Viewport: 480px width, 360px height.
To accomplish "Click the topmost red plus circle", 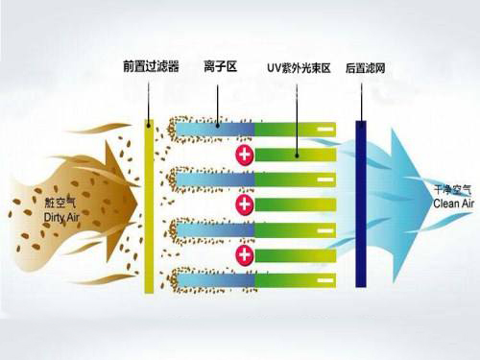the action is click(245, 154).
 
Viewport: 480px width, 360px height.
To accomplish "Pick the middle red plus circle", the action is click(245, 204).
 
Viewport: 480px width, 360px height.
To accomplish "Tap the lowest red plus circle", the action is click(245, 254).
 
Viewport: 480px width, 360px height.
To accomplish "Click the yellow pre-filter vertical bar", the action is click(149, 206).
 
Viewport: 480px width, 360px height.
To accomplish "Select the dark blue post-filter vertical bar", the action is click(361, 204).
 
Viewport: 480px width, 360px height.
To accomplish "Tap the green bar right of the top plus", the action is click(298, 154).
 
